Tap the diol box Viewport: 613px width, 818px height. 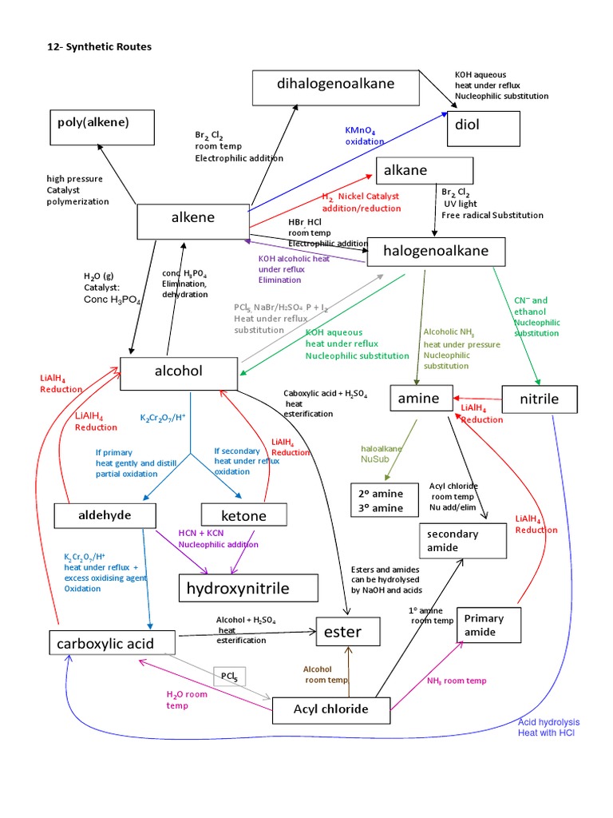pyautogui.click(x=483, y=129)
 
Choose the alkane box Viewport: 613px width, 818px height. pyautogui.click(x=425, y=170)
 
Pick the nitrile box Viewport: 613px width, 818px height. pyautogui.click(x=540, y=399)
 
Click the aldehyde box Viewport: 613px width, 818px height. pyautogui.click(x=104, y=515)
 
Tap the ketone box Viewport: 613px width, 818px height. pyautogui.click(x=244, y=516)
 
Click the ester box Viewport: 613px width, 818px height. pyautogui.click(x=342, y=633)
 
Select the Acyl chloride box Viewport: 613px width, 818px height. pyautogui.click(x=331, y=709)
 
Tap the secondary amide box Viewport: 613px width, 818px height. pyautogui.click(x=464, y=541)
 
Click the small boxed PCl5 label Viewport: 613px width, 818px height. pyautogui.click(x=229, y=677)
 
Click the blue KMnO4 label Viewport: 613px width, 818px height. pyautogui.click(x=366, y=136)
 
